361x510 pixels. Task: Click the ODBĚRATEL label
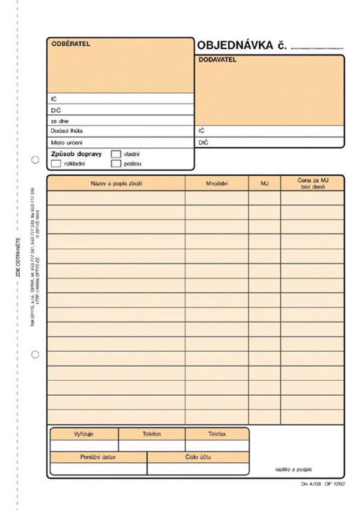pos(71,44)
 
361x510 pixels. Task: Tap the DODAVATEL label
pos(218,60)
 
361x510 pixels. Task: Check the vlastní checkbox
pos(116,154)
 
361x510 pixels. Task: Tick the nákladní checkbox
pos(56,163)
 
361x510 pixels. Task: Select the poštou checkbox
pos(116,163)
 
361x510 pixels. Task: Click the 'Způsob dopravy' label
pos(78,154)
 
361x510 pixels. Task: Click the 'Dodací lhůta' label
pos(67,131)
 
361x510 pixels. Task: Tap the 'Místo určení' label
pos(67,142)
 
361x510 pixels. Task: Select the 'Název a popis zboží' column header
pos(116,183)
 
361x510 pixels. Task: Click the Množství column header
pos(217,183)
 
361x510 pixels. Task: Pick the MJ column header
pos(264,183)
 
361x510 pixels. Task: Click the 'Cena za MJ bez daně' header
pos(312,183)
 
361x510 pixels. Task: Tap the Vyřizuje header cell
pos(84,434)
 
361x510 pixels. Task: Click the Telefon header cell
pos(152,434)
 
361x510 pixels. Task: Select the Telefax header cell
pos(217,434)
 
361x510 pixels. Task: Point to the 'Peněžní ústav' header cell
pos(98,457)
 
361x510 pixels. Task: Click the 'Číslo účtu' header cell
pos(198,457)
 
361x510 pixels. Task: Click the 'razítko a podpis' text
pos(295,469)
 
